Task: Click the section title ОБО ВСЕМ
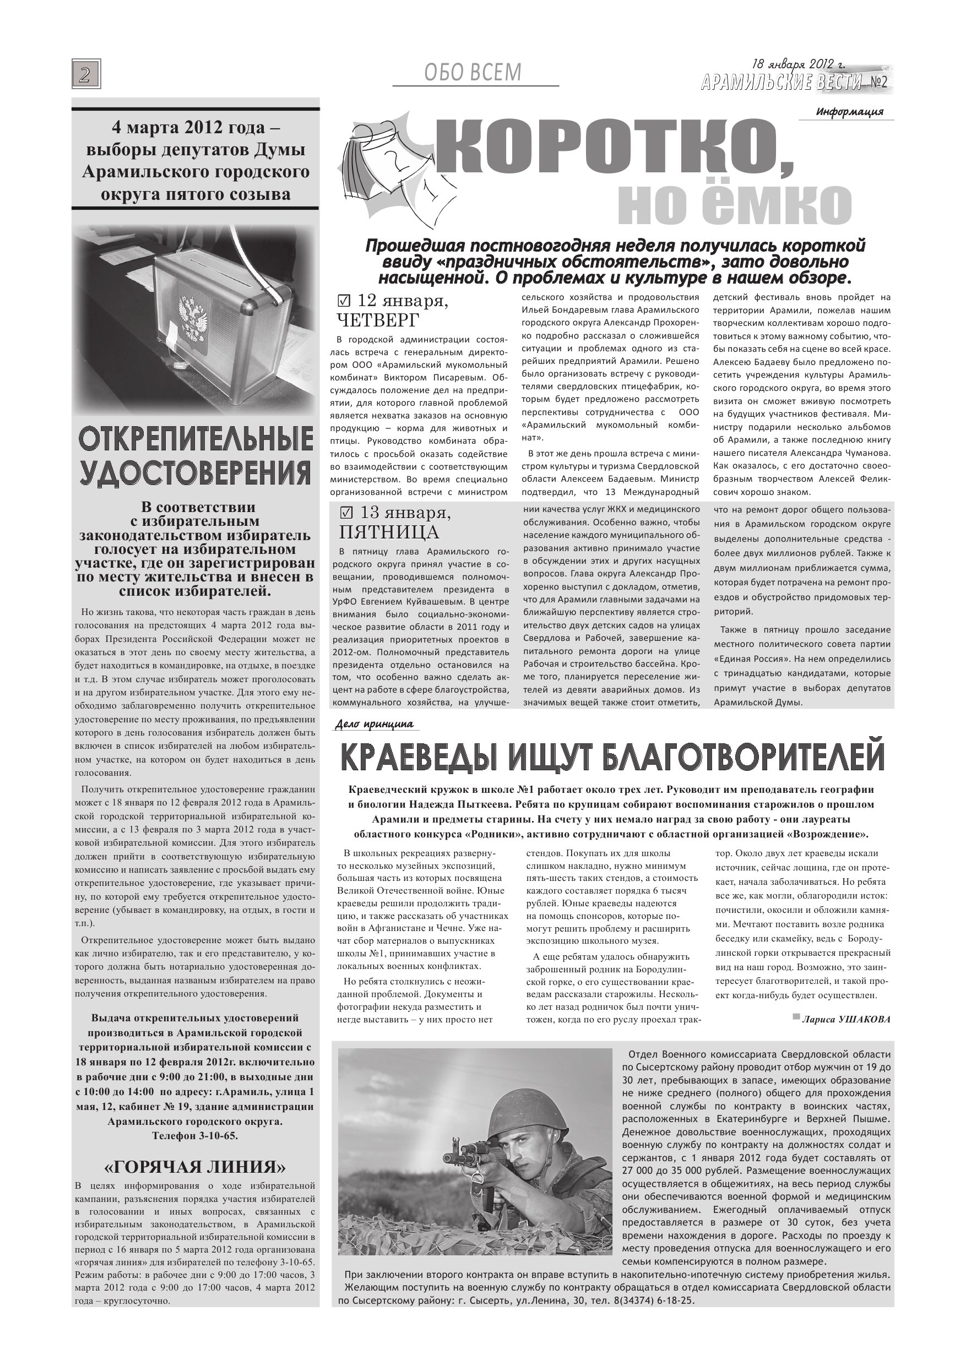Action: (473, 73)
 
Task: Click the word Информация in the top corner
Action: (849, 111)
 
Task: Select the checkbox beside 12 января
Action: (344, 302)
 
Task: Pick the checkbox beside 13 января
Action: (345, 512)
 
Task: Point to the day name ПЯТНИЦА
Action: (388, 531)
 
